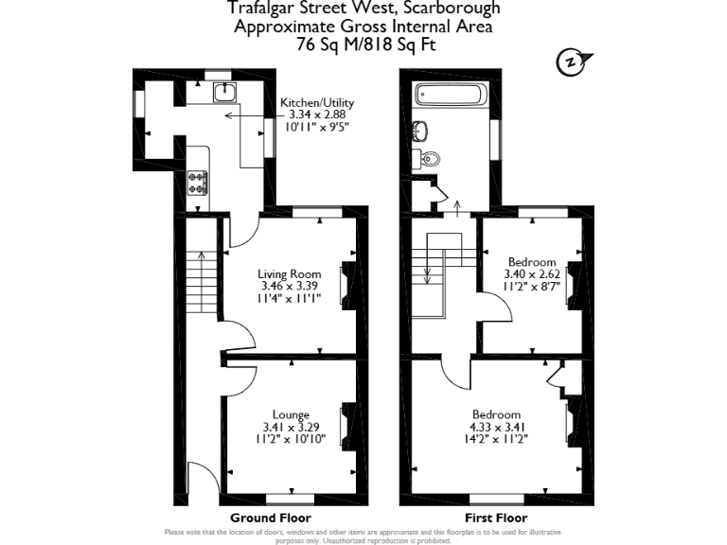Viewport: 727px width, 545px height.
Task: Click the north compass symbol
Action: point(569,62)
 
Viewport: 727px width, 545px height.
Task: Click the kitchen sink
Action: point(224,91)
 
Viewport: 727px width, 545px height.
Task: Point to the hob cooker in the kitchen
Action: point(199,181)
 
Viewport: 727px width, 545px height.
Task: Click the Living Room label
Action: point(292,274)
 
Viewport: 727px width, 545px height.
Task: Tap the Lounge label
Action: point(291,414)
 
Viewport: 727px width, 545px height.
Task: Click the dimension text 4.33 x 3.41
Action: point(497,427)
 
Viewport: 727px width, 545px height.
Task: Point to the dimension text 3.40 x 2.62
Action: point(531,274)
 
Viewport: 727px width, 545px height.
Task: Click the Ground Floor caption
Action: point(270,518)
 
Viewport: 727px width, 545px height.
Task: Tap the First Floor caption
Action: point(495,518)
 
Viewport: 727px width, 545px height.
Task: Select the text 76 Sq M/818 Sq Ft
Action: point(363,44)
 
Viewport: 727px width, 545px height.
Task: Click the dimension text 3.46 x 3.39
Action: point(291,286)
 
